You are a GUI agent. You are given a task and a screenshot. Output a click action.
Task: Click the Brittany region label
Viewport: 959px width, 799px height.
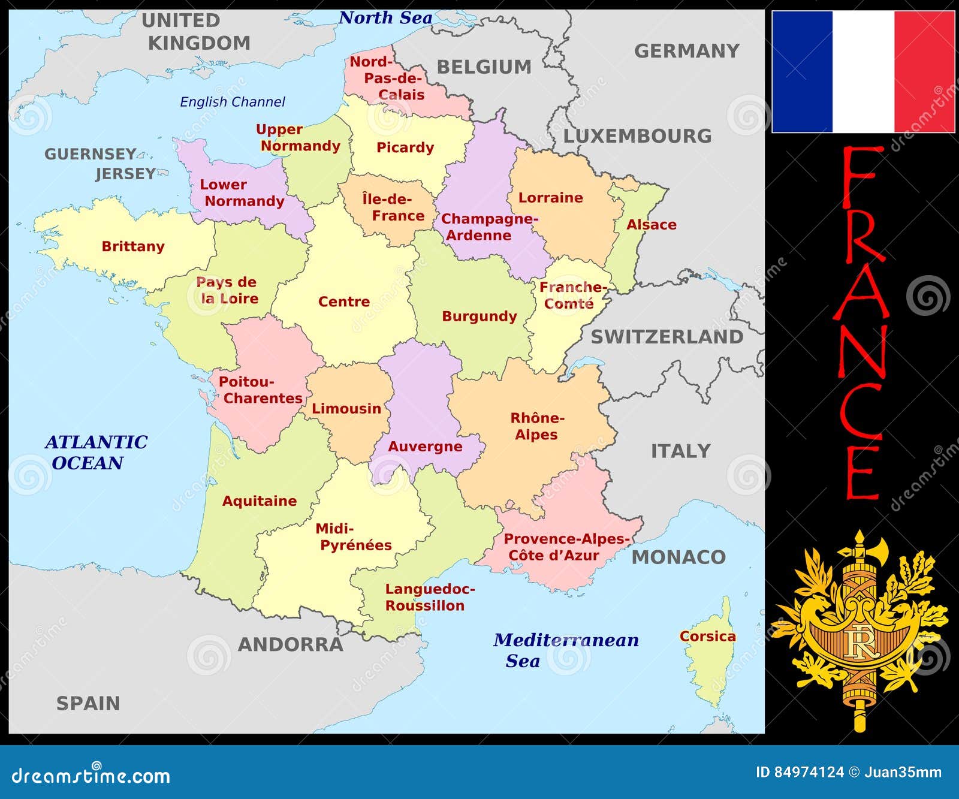click(x=133, y=246)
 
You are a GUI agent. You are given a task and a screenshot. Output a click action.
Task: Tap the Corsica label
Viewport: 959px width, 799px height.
click(x=707, y=636)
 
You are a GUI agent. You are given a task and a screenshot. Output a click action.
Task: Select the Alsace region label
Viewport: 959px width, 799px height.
click(x=652, y=225)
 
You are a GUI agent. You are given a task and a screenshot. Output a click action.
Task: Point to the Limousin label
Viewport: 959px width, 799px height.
click(x=346, y=409)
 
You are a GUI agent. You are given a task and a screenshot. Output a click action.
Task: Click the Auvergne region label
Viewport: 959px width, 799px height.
click(x=425, y=447)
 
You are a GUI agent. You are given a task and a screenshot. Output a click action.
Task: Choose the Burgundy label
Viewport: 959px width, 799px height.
click(x=479, y=316)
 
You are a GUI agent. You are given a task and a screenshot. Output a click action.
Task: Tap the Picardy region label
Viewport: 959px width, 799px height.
click(x=405, y=148)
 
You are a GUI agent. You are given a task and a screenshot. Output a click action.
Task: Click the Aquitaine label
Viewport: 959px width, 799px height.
click(x=260, y=501)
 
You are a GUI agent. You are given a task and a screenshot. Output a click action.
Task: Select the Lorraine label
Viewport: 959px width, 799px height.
click(x=550, y=198)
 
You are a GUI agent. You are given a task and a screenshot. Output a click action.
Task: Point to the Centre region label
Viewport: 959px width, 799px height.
click(x=344, y=301)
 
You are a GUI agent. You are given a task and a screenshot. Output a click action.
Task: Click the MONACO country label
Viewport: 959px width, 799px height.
click(x=678, y=557)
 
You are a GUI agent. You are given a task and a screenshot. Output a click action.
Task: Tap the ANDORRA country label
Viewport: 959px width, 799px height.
click(x=291, y=645)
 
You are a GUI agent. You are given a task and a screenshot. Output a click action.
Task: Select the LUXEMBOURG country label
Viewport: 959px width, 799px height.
click(x=638, y=136)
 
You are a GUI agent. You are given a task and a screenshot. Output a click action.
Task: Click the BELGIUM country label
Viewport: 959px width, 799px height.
click(x=484, y=67)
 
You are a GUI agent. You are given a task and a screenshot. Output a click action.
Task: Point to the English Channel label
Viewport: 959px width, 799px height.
click(x=233, y=102)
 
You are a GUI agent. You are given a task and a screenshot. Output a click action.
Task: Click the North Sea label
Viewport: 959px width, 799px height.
click(x=385, y=18)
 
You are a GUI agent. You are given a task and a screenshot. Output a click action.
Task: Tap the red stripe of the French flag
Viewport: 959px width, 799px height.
click(x=924, y=71)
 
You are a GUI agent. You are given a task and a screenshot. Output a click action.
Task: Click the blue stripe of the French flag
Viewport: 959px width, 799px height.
click(x=802, y=71)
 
